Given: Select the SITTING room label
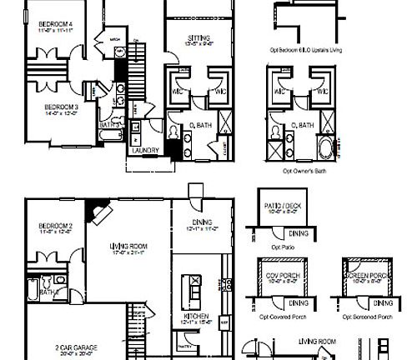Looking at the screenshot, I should [198, 38].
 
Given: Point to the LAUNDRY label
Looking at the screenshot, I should [145, 150].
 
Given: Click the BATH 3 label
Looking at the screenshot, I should [108, 125].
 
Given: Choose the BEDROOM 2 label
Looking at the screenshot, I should [55, 227].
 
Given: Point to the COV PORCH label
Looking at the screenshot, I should [282, 276].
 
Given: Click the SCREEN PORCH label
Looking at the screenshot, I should [369, 276].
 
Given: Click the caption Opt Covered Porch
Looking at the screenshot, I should [284, 317].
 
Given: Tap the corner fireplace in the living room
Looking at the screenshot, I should [98, 211].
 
